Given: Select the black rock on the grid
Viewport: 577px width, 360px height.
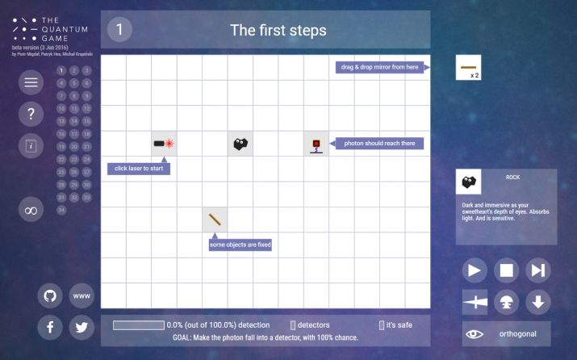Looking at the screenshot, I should (240, 144).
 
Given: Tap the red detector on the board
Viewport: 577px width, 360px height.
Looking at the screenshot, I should (316, 144).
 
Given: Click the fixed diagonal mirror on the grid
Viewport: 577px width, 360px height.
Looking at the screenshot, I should (215, 219).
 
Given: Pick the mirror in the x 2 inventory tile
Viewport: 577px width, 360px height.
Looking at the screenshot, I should (469, 68).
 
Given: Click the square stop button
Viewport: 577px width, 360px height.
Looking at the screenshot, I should (506, 270).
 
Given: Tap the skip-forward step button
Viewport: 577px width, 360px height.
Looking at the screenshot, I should (537, 270).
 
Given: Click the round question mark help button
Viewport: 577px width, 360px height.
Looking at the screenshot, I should (31, 114).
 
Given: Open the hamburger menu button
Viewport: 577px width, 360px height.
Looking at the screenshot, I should (31, 82).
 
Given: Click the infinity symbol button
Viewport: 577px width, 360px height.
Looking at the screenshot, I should (31, 210).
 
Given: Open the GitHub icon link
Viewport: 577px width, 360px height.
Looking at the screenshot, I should (50, 295).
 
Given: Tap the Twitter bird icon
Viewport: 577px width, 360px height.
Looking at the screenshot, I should (82, 327).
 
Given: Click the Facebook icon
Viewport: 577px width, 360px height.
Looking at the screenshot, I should (50, 327).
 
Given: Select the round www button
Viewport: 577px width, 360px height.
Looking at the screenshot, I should (82, 295).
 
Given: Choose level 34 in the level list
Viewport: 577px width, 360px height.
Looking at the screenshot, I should (61, 210).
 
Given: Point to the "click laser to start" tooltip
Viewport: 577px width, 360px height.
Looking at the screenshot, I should (139, 169).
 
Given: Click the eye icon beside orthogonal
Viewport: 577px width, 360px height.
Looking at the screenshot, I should (475, 333).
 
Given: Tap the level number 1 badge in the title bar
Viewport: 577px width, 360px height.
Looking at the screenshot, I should (119, 30).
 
